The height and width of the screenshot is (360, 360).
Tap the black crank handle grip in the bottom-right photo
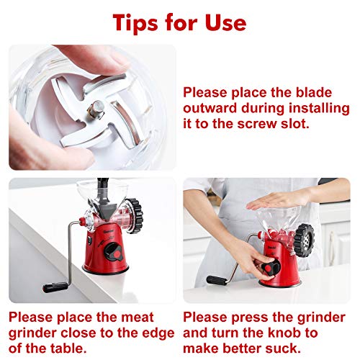pyautogui.click(x=218, y=279)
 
